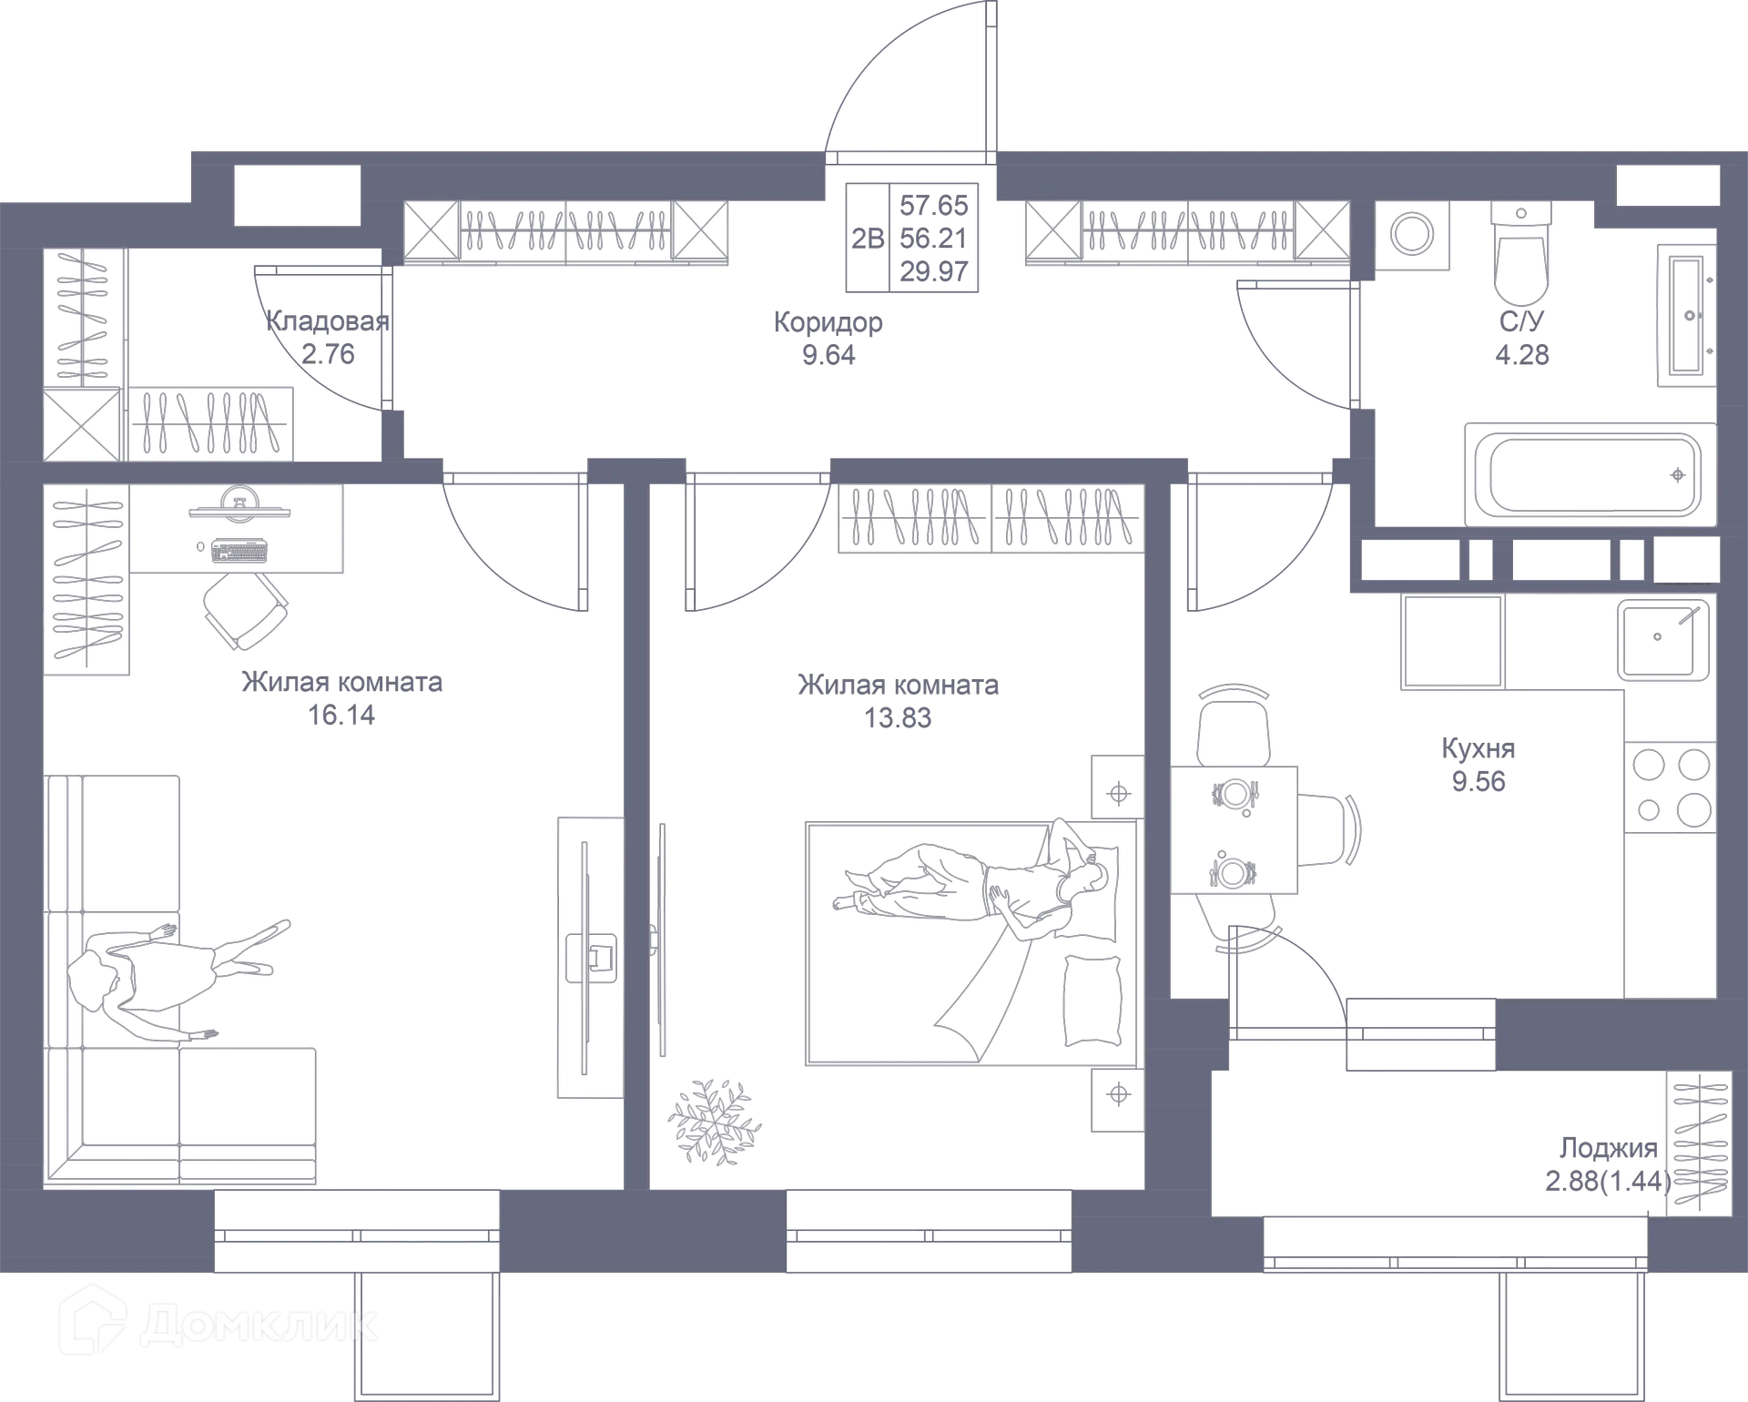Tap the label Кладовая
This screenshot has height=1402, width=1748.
coord(326,321)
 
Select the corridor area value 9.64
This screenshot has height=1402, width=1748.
coord(828,355)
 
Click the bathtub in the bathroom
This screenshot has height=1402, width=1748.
coord(1589,474)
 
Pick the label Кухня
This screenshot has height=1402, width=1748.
coord(1478,748)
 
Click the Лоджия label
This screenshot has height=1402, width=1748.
coord(1608,1148)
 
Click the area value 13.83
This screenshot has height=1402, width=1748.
coord(898,718)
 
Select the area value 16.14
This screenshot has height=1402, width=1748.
coord(341,716)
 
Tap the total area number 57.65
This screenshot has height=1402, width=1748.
coord(934,205)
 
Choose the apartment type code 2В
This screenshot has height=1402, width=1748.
coord(868,239)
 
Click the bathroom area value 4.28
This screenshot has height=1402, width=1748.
coord(1521,355)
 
